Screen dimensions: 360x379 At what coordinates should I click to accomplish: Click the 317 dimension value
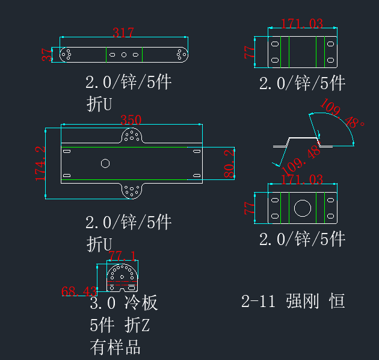click(123, 33)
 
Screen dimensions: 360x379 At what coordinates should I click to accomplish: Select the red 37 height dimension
click(47, 55)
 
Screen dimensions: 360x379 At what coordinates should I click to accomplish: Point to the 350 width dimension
click(131, 120)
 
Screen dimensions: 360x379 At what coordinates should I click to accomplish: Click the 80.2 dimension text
click(229, 163)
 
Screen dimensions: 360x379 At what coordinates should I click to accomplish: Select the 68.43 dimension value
click(79, 291)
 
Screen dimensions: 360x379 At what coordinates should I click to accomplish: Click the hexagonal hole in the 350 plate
click(105, 163)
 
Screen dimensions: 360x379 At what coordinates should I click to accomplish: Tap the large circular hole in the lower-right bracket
click(303, 208)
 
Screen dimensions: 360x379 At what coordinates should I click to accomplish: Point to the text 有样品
click(115, 347)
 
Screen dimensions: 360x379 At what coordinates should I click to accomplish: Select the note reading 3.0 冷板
click(124, 302)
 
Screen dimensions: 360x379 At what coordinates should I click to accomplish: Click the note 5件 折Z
click(119, 325)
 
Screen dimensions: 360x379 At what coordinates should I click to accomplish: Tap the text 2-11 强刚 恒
click(293, 301)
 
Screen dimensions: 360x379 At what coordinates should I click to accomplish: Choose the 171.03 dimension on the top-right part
click(302, 24)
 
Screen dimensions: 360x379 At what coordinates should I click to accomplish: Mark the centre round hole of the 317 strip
click(124, 55)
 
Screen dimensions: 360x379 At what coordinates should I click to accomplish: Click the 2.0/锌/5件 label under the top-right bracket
click(302, 83)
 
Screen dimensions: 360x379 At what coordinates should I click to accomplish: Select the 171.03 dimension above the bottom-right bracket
click(302, 180)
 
